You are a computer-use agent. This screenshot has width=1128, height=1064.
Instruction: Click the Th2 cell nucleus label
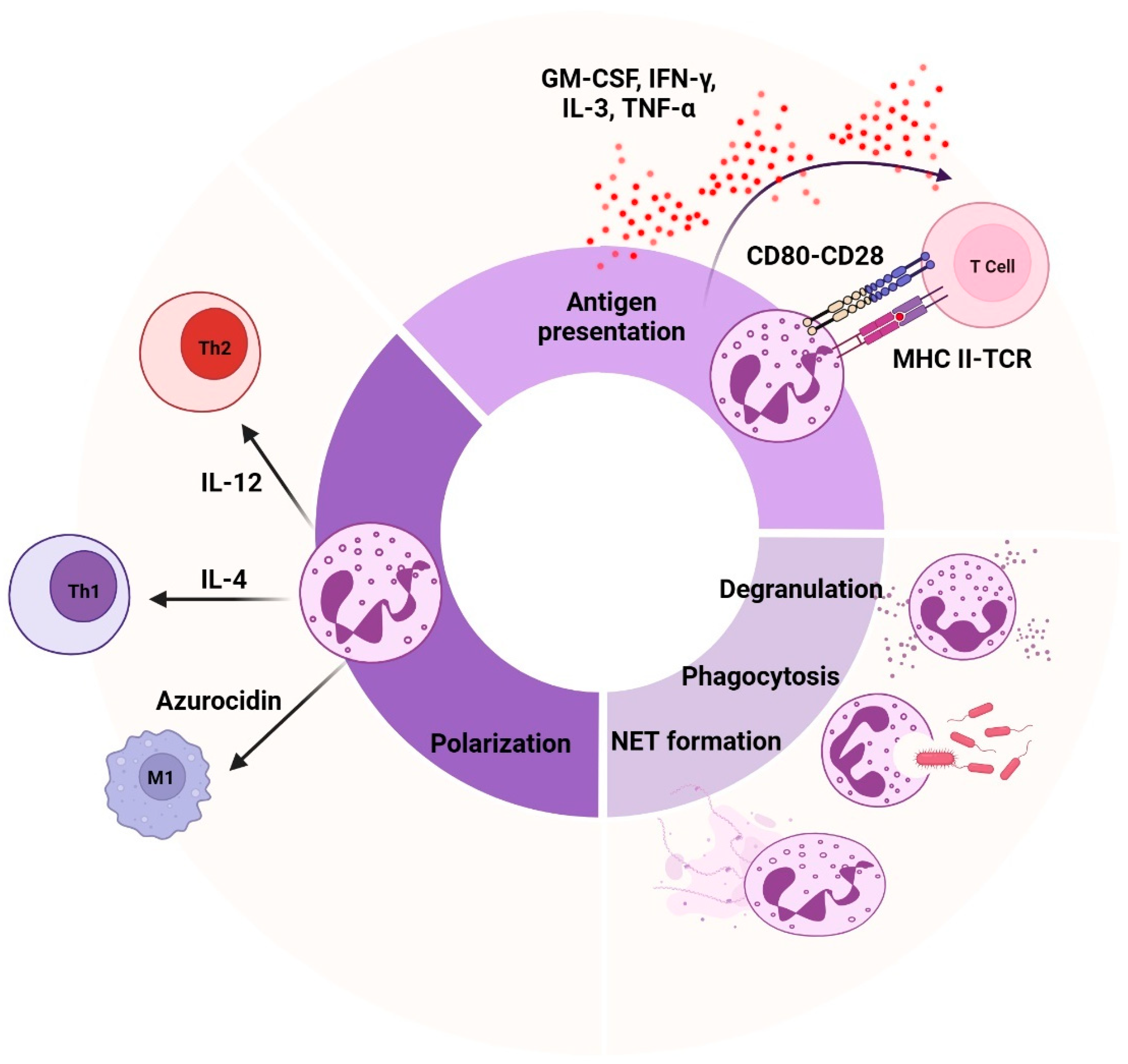click(x=214, y=347)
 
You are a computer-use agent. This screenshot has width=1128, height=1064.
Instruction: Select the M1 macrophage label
click(x=160, y=777)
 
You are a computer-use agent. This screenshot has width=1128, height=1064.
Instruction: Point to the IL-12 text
click(x=231, y=482)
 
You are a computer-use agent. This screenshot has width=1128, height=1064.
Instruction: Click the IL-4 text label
click(x=224, y=580)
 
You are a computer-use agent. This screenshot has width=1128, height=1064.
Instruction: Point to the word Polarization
click(x=500, y=743)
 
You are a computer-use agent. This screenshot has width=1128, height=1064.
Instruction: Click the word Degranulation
click(x=800, y=589)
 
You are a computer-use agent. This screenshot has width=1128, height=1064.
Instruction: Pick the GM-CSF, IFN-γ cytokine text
click(x=628, y=78)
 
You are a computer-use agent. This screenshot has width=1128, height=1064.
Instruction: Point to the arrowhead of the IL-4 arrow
click(x=157, y=599)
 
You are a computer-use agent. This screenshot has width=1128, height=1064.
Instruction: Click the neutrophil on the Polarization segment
click(x=369, y=592)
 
